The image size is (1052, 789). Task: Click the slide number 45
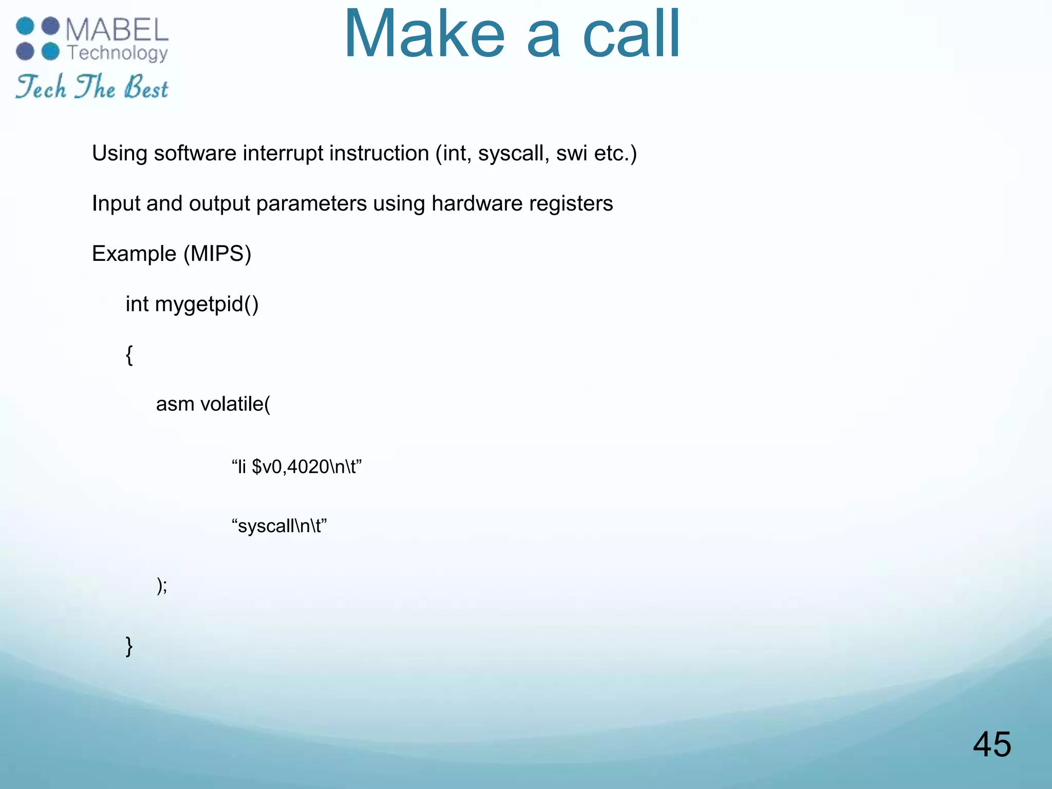point(992,744)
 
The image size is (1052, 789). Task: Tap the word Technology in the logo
point(118,53)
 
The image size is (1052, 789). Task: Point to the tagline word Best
point(146,87)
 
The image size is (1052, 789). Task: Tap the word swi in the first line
point(572,153)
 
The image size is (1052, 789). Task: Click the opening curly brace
point(129,354)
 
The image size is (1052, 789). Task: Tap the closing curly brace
point(129,646)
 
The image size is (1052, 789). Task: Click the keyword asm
point(175,404)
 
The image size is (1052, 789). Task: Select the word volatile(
point(235,404)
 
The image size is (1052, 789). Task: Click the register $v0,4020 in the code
point(290,467)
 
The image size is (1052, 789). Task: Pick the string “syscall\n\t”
point(279,526)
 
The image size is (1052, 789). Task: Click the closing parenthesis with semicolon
point(162,585)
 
